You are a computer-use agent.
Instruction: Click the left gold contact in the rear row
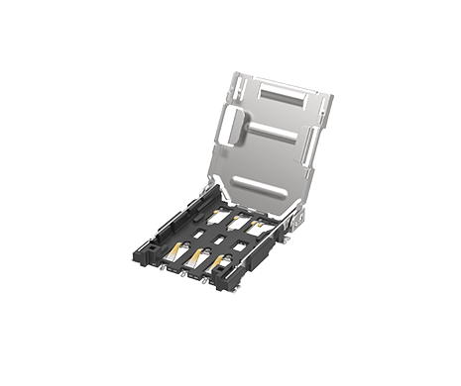click(x=218, y=211)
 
